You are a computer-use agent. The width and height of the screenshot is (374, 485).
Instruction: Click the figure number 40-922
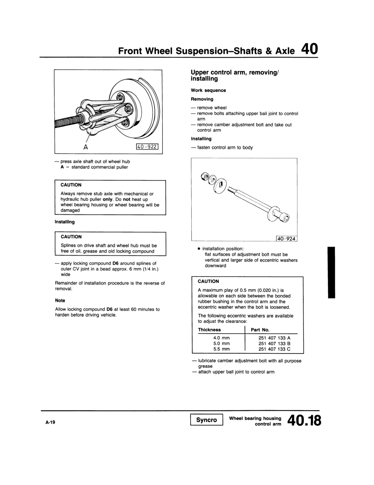click(x=147, y=147)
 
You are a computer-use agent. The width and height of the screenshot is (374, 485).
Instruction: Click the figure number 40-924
click(x=287, y=239)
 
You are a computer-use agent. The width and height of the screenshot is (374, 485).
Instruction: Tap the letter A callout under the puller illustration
click(x=85, y=147)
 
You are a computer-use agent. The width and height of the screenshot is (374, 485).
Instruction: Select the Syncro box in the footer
click(x=207, y=420)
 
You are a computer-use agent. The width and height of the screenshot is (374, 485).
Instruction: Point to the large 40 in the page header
click(x=309, y=49)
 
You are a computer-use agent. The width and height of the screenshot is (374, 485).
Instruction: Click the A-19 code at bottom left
click(x=50, y=422)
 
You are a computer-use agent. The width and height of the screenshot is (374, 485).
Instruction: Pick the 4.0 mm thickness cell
click(x=221, y=338)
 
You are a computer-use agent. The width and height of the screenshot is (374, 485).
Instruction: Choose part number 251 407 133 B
click(x=274, y=344)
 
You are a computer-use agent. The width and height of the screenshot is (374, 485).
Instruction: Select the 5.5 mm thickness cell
click(x=221, y=349)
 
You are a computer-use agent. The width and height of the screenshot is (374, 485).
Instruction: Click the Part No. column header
click(x=260, y=330)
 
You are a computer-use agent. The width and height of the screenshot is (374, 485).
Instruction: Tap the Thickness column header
click(x=209, y=330)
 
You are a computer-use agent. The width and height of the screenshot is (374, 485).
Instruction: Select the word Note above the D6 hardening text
click(x=60, y=301)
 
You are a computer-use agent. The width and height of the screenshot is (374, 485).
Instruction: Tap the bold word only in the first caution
click(x=108, y=199)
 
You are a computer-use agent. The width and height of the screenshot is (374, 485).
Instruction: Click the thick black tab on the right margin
click(x=331, y=273)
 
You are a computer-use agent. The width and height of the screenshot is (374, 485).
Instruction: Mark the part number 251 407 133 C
click(x=274, y=349)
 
